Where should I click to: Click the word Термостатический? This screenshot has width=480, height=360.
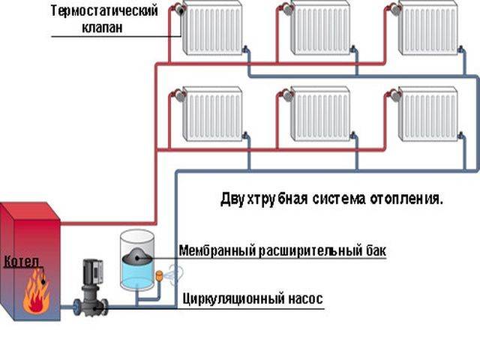(104, 11)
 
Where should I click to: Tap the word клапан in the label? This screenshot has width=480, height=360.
(102, 28)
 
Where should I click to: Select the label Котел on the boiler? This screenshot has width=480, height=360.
(22, 262)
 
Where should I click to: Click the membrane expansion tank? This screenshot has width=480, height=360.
(136, 260)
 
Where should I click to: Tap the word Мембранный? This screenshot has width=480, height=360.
(217, 250)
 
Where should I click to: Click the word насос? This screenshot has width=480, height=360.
(306, 299)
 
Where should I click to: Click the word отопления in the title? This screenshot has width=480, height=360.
(406, 199)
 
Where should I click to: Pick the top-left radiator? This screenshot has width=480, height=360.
(213, 28)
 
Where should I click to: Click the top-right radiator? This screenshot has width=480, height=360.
(429, 28)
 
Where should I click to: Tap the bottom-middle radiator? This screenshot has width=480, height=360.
(320, 114)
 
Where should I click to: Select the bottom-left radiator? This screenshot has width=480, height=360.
(213, 114)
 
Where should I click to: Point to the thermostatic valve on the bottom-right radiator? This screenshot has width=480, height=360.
(394, 95)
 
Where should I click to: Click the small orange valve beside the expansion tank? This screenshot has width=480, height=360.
(159, 275)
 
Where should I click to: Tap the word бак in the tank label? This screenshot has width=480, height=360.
(376, 250)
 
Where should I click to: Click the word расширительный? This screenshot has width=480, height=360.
(311, 251)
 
